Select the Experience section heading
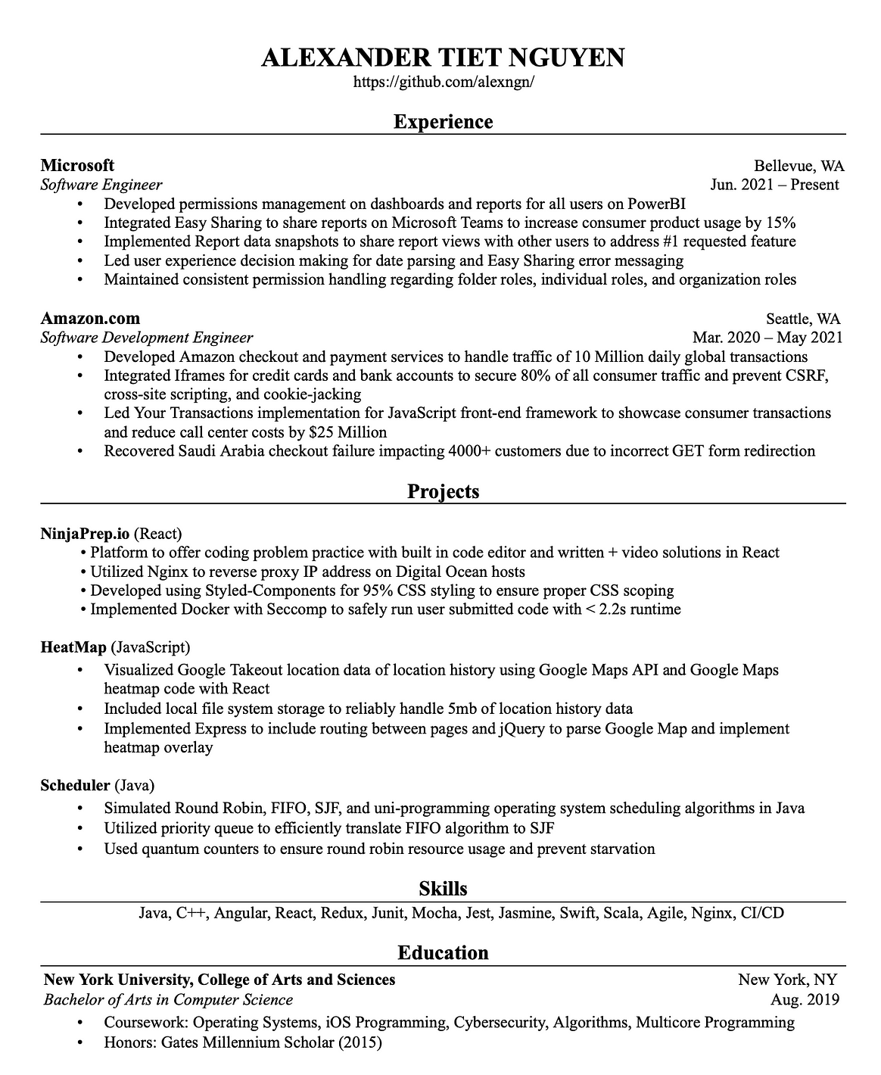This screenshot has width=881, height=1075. (443, 122)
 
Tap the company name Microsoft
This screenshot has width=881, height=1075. (77, 165)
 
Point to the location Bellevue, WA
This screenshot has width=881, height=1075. (799, 166)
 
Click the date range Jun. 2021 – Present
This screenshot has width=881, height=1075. (774, 185)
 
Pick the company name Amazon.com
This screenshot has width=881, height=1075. (90, 318)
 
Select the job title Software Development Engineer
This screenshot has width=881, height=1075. (146, 338)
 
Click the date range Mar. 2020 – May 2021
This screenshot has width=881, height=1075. (767, 338)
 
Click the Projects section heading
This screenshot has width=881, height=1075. (443, 491)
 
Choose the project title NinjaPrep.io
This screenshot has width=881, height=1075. (85, 533)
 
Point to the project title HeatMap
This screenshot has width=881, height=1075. (73, 647)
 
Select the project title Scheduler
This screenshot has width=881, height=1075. (76, 785)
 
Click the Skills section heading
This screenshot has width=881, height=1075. (443, 889)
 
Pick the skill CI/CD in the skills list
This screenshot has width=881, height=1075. (762, 913)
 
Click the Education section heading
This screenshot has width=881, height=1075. (443, 952)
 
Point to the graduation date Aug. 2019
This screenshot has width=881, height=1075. (805, 1000)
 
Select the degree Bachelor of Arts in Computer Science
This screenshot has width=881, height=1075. (168, 1000)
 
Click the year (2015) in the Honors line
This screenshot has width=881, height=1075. (359, 1042)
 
